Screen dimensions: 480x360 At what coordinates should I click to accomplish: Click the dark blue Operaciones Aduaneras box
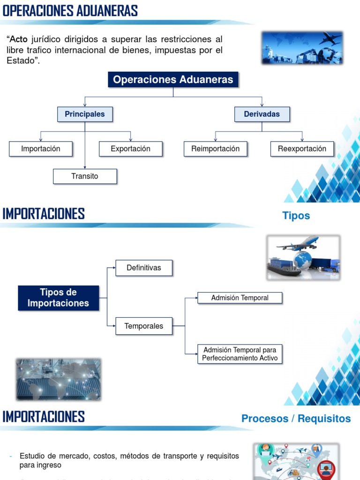tap(173, 80)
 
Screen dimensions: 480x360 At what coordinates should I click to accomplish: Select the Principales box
tap(85, 114)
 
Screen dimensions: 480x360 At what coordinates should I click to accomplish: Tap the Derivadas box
tap(262, 114)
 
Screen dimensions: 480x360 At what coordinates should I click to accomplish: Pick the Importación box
tap(41, 149)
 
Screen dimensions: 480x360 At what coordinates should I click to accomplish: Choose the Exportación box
tap(130, 149)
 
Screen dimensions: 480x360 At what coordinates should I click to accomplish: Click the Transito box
tap(85, 176)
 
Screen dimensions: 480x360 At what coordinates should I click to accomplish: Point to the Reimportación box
tap(215, 149)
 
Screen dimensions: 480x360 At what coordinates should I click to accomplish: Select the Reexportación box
tap(302, 149)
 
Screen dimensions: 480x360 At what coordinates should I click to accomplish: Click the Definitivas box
tap(144, 268)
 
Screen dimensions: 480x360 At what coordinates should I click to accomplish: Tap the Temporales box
tap(144, 326)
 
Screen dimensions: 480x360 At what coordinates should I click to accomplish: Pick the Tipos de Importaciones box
tap(59, 298)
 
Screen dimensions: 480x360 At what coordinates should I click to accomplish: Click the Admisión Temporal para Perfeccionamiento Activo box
tap(240, 354)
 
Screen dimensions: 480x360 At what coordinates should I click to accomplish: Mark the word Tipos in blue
tap(296, 216)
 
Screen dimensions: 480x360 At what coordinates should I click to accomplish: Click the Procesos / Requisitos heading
tap(296, 419)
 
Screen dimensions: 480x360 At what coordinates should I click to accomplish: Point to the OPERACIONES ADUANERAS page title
tap(70, 11)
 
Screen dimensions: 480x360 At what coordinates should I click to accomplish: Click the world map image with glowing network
tap(59, 379)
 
